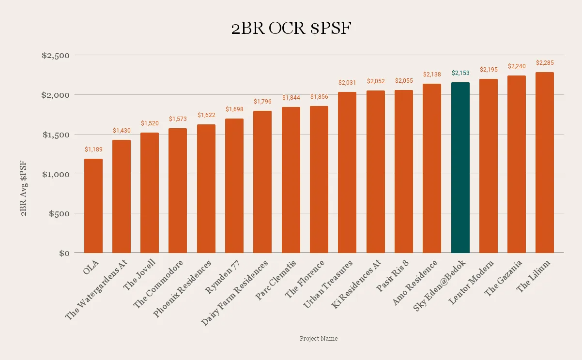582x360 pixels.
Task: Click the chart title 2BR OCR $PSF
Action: [x=291, y=29]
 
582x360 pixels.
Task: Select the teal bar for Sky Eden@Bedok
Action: [x=460, y=167]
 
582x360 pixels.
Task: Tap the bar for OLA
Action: [x=93, y=206]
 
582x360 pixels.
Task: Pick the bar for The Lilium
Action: [x=545, y=162]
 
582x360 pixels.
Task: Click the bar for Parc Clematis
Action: [x=291, y=180]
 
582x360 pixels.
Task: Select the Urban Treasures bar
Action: [x=347, y=172]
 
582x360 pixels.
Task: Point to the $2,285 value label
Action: [x=545, y=63]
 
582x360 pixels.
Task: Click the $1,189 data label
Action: [x=93, y=150]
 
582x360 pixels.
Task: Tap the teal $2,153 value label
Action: [x=460, y=73]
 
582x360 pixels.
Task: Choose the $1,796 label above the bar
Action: [x=262, y=102]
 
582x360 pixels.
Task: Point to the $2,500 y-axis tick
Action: [x=56, y=56]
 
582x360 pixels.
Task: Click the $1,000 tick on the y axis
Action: [x=56, y=174]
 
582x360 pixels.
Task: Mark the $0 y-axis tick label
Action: [x=64, y=253]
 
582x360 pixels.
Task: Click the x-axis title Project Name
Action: [x=318, y=339]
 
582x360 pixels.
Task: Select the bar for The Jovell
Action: [x=150, y=193]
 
